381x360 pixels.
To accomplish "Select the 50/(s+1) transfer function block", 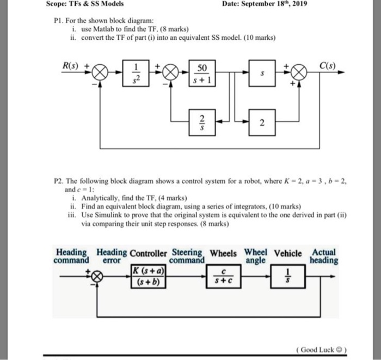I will pyautogui.click(x=201, y=72).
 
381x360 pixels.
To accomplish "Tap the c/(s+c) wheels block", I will pyautogui.click(x=224, y=277).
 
